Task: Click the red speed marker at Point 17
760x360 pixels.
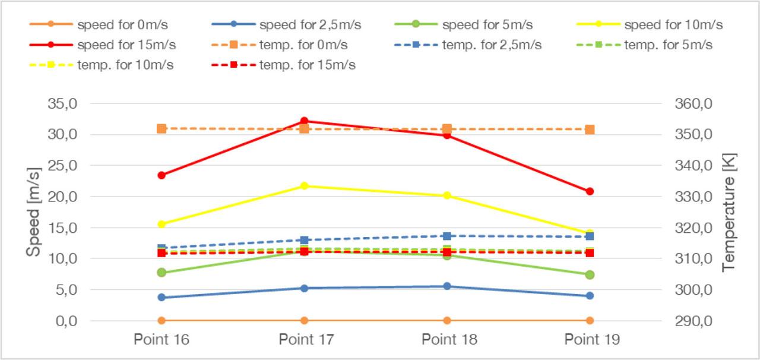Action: coord(304,121)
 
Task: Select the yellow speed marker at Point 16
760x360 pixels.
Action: coord(161,224)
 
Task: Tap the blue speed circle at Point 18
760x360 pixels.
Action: coord(447,286)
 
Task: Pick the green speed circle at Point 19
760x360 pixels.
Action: coord(590,274)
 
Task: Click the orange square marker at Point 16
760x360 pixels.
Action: coord(161,128)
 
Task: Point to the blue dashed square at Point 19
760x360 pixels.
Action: coord(590,236)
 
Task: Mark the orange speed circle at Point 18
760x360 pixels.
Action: coord(447,321)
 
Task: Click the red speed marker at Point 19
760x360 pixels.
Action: coord(590,191)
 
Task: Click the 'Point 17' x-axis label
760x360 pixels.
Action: coord(306,340)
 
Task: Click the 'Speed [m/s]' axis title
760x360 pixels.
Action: coord(34,212)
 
